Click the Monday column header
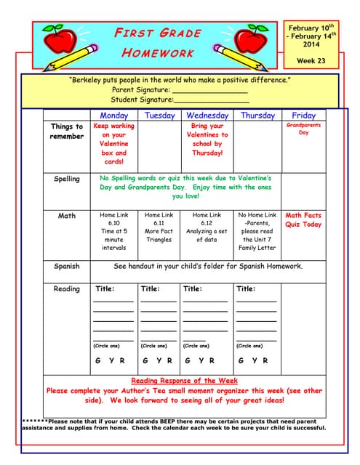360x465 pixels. coord(114,116)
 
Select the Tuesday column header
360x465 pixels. coord(159,116)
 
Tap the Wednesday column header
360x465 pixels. coord(207,116)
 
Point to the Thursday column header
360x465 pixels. coord(257,116)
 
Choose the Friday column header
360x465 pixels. coord(303,116)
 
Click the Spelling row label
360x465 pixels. coord(67,179)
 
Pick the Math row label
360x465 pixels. coord(67,216)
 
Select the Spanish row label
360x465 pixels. coord(67,266)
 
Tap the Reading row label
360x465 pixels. coord(67,289)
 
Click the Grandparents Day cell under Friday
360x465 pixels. coord(303,129)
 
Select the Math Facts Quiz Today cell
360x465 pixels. coord(303,220)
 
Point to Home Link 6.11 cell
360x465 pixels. coord(159,227)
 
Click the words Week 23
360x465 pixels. coord(311,61)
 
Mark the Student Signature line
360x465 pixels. coord(210,100)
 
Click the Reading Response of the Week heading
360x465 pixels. coord(184,381)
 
